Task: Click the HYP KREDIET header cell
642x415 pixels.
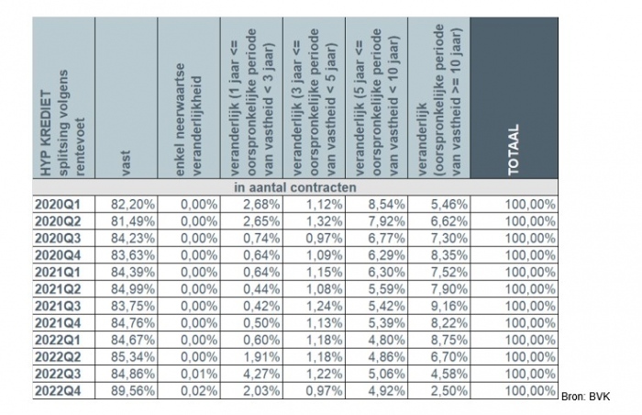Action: pos(62,101)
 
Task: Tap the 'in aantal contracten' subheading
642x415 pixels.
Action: pos(294,186)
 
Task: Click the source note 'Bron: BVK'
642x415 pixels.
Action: pos(586,396)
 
